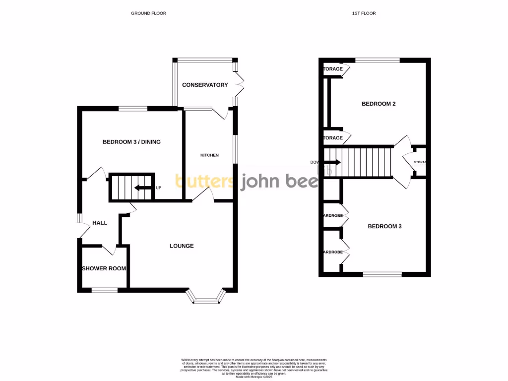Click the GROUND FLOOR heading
coord(148,13)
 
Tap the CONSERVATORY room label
coord(205,85)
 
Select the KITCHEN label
coord(209,155)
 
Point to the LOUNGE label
coord(182,246)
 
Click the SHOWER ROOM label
coord(104,268)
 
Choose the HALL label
coord(99,223)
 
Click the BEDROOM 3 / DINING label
coord(131,142)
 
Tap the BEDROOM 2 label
coord(379,104)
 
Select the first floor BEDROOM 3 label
coord(384,226)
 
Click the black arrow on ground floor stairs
coord(143,188)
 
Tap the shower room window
coord(105,290)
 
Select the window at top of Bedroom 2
coord(378,61)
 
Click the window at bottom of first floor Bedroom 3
coord(382,274)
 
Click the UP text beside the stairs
coord(159,188)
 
